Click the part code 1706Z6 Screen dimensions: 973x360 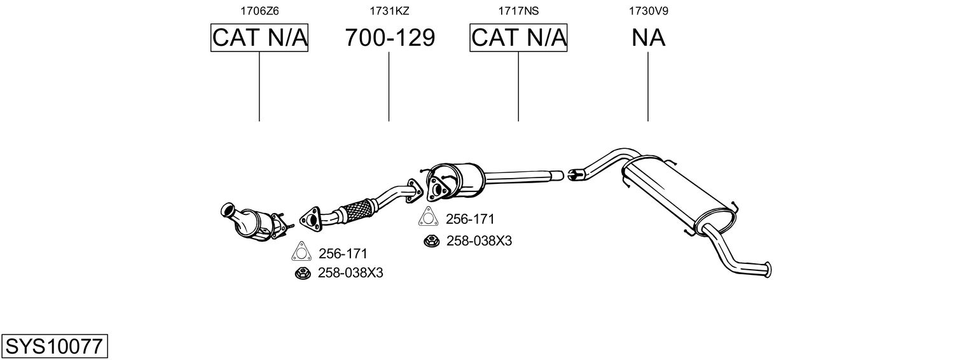[x=259, y=11]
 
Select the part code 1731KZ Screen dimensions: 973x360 [x=389, y=11]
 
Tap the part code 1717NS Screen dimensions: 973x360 [x=518, y=11]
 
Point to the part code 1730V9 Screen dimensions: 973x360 [x=648, y=11]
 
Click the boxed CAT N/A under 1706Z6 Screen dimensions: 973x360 [x=259, y=38]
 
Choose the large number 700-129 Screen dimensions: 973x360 [x=390, y=38]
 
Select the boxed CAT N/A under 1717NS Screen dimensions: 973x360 [x=518, y=38]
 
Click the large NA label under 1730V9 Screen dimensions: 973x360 [x=648, y=38]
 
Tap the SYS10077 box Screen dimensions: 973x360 [x=54, y=346]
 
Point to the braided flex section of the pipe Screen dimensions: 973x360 [x=357, y=211]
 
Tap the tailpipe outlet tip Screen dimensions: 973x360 [x=768, y=270]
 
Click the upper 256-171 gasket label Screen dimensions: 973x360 [x=471, y=219]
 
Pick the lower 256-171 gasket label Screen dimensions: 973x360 [x=343, y=254]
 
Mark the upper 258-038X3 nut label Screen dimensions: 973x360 [x=479, y=241]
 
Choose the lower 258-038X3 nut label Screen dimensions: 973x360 [x=350, y=273]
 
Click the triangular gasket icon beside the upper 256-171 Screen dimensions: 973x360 [x=427, y=217]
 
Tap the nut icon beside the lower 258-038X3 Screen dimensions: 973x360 [x=302, y=273]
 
